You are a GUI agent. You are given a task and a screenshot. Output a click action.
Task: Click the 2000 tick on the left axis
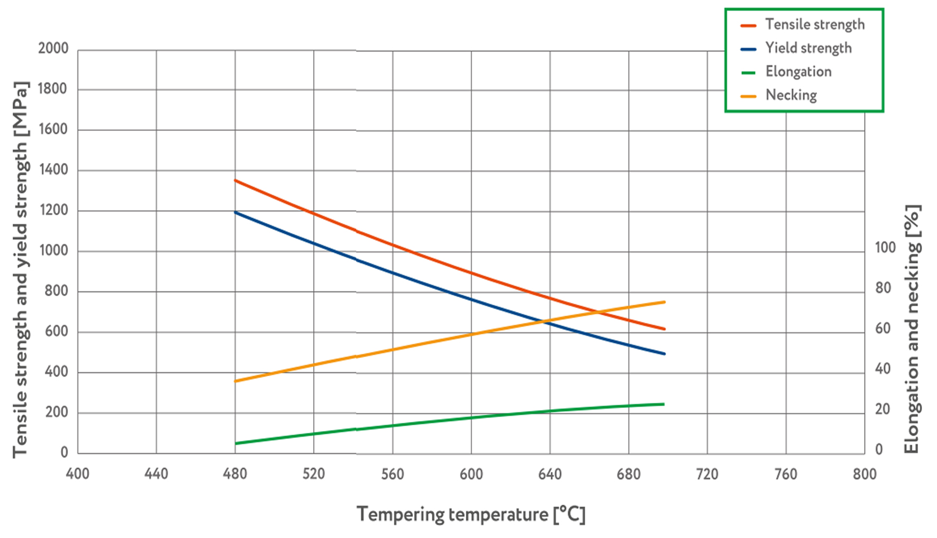(53, 49)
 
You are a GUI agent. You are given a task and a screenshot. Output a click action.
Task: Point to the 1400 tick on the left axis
(53, 170)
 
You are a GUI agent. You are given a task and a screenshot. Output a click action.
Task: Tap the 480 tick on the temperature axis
(235, 473)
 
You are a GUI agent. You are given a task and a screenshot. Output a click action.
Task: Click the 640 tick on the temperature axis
(550, 473)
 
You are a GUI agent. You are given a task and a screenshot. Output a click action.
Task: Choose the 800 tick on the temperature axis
(865, 473)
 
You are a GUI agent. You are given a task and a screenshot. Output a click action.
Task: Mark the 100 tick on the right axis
(885, 248)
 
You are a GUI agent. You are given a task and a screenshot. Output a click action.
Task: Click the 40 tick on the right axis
(883, 369)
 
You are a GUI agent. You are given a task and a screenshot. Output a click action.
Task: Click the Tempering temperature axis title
(471, 514)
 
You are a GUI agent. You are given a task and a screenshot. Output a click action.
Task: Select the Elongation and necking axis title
(912, 329)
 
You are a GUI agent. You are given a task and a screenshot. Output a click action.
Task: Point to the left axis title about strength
(20, 270)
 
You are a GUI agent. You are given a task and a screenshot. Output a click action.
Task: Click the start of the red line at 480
(235, 180)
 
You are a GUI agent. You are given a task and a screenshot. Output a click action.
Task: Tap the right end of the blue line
(664, 353)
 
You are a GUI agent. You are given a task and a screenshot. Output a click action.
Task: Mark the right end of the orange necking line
(664, 302)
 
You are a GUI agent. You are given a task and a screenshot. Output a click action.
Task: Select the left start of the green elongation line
(235, 443)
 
